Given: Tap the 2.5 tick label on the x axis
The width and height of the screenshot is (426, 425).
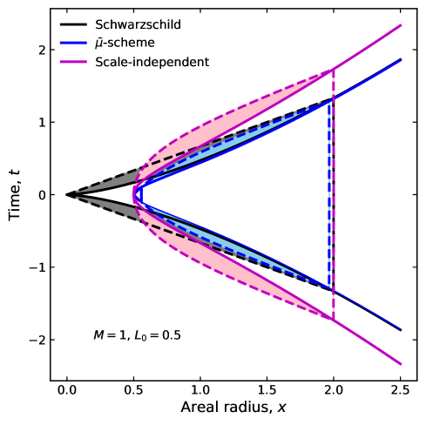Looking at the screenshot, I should tap(401, 389).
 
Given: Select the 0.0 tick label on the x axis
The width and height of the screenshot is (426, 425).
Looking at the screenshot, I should tap(66, 389).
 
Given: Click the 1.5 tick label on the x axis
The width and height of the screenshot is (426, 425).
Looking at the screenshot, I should tap(267, 389).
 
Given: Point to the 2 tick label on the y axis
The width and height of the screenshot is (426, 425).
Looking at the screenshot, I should tap(39, 51).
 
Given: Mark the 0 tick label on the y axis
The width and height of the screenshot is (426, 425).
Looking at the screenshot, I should tap(39, 195).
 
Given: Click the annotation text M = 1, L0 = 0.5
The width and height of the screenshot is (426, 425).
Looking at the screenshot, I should tap(137, 334).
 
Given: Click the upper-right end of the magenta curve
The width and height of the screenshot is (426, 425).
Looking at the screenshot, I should tap(400, 26).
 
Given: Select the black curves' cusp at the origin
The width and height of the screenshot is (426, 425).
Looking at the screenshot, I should tap(67, 195).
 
